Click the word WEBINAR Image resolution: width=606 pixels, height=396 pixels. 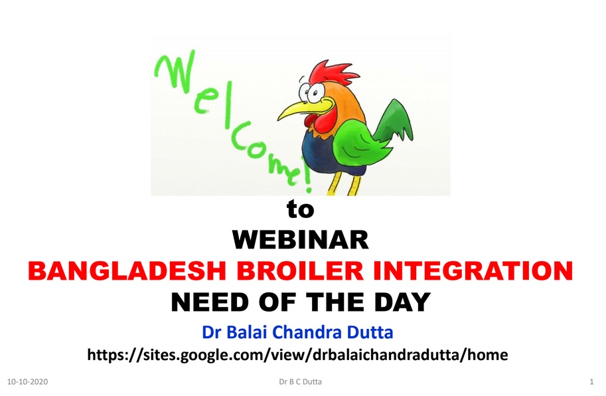300,239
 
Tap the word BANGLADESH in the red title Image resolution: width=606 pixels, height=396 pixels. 127,270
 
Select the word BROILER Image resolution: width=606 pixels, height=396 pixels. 300,270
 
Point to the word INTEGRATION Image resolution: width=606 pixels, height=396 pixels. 473,270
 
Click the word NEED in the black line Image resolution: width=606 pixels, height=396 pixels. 210,302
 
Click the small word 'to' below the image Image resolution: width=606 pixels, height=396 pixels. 300,209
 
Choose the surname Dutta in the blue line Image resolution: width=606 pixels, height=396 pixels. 370,332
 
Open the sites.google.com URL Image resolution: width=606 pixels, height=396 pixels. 297,355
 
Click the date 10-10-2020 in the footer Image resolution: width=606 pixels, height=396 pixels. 27,381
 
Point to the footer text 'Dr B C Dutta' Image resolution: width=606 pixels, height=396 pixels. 300,381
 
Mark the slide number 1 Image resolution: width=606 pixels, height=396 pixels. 591,381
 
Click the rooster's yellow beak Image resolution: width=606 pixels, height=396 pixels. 301,109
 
